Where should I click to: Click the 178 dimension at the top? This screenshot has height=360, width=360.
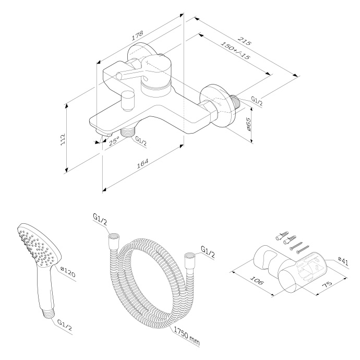pos(137,37)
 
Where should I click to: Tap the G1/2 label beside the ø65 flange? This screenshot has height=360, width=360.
pos(257,100)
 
